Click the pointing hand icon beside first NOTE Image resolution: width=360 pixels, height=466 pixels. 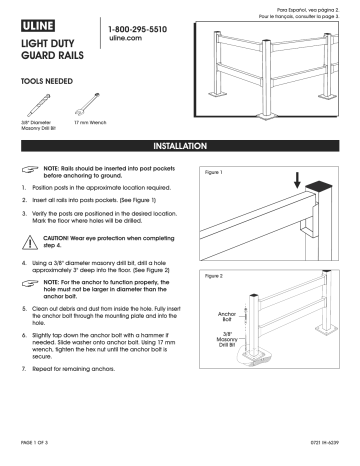point(30,172)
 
